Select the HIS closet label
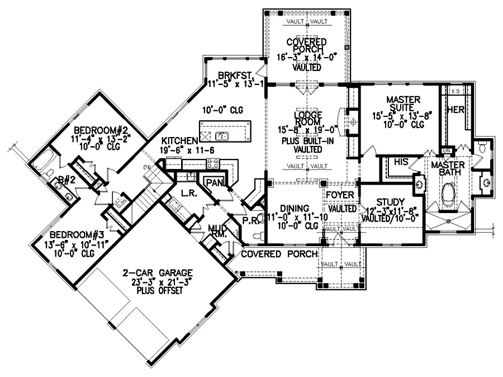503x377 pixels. [x=400, y=161]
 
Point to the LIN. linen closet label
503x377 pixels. [x=447, y=150]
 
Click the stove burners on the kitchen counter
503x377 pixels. [x=213, y=163]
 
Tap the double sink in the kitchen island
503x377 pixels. [x=222, y=135]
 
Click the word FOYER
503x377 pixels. [x=342, y=195]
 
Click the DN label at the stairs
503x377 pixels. [x=147, y=167]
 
